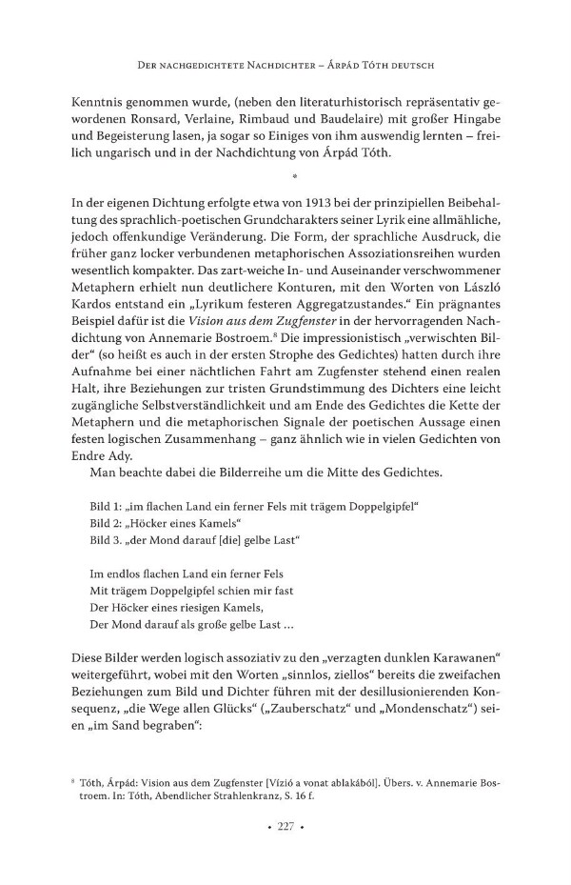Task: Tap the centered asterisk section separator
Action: tap(295, 177)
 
